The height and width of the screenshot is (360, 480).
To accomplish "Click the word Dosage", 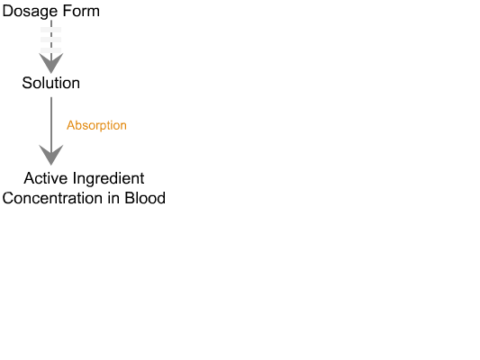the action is pos(30,12).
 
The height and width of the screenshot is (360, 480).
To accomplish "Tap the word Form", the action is pos(81,11).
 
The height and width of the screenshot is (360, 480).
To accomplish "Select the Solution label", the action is pos(50,83).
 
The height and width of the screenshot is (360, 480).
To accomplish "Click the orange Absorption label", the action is pos(96,125).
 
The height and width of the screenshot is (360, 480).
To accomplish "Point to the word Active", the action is pos(46,178).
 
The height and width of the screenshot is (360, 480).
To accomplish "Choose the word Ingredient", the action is pos(108,179).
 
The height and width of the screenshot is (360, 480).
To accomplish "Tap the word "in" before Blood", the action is pos(113,198).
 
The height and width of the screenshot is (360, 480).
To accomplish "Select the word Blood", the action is pos(145,198).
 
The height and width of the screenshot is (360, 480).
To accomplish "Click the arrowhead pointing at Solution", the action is pos(51,63).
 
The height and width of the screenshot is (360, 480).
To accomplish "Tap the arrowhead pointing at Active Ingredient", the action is pos(51,155).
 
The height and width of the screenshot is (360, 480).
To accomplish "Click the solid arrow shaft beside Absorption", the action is pos(51,122).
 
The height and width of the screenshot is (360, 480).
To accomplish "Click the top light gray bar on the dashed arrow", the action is pos(50,30).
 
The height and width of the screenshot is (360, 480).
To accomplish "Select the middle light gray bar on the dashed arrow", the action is pos(50,40).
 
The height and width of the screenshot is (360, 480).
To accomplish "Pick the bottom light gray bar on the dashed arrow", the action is pos(50,50).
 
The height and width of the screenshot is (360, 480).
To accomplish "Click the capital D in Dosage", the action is pos(7,11).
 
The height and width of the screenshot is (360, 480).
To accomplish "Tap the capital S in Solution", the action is pos(27,83).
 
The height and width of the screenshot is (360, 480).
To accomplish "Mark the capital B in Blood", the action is pos(129,198).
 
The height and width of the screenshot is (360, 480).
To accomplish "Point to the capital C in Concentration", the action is pos(8,198).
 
